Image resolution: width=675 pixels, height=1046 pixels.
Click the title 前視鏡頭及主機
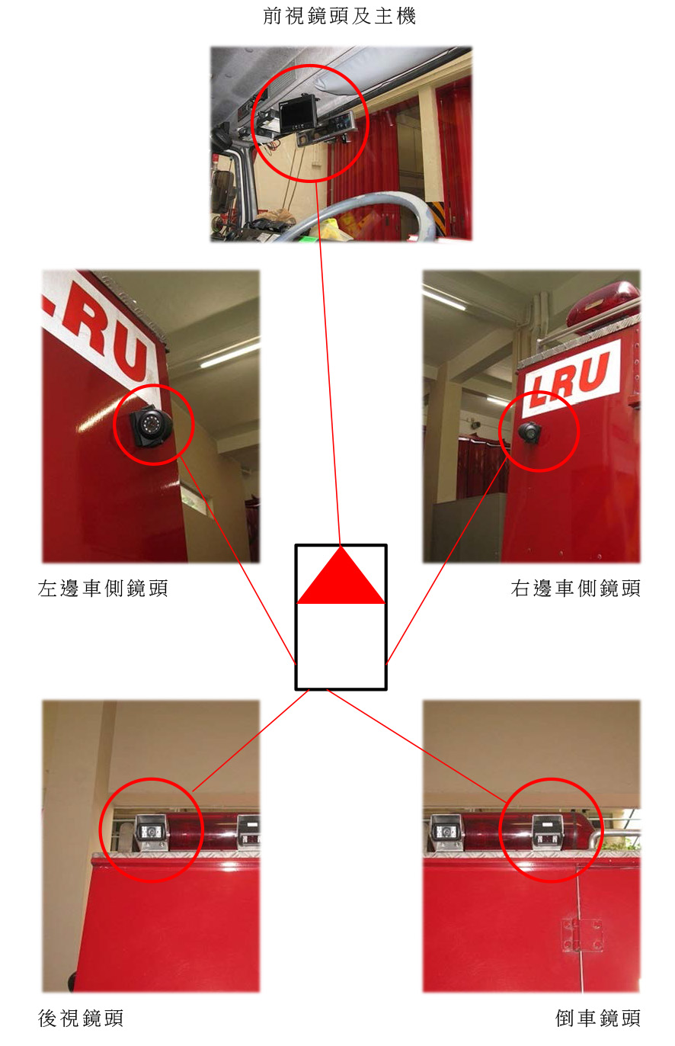[x=339, y=16]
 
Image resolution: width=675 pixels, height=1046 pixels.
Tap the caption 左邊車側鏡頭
[x=103, y=588]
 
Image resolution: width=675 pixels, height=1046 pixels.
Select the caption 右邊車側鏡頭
[x=576, y=588]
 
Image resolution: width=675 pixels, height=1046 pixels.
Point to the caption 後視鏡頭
[x=81, y=1018]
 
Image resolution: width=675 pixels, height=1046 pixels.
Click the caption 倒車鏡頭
[x=598, y=1018]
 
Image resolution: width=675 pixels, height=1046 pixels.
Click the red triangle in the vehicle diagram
[x=341, y=576]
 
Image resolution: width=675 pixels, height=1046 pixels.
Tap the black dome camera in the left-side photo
[x=150, y=425]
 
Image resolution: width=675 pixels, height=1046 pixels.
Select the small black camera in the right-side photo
[x=530, y=432]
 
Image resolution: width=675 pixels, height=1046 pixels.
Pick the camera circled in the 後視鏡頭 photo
[x=152, y=833]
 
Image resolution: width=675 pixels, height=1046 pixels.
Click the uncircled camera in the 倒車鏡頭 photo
[x=446, y=832]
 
